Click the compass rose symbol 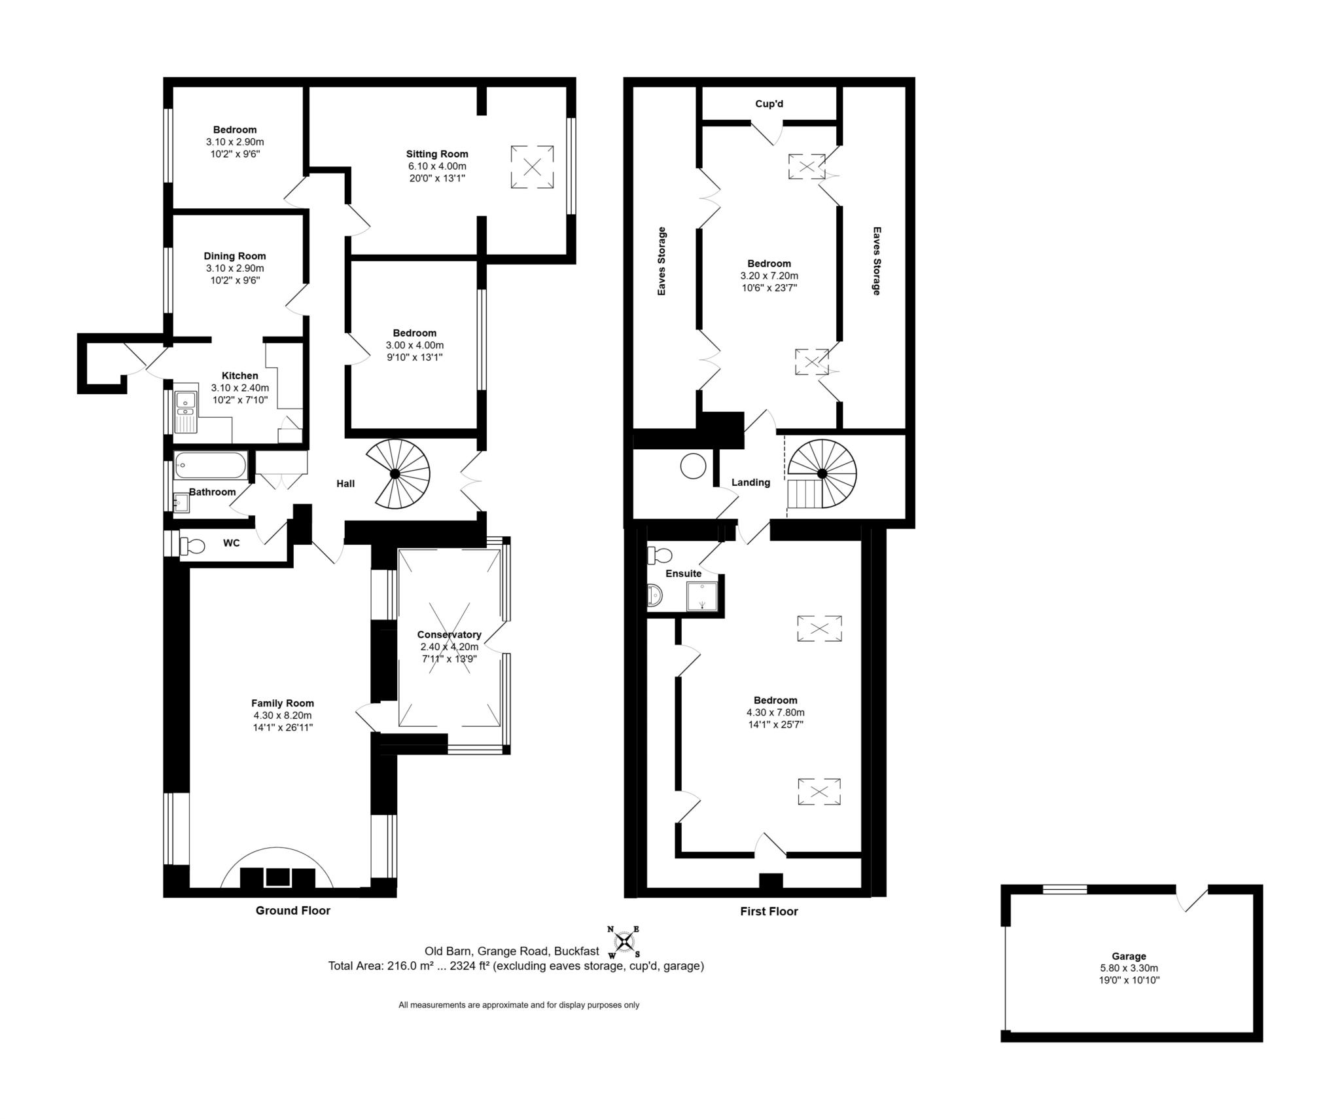coord(624,942)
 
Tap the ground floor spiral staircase coord(395,473)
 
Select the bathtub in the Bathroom coord(210,466)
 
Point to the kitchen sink coord(186,412)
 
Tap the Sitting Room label coord(437,154)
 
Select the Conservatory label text coord(449,634)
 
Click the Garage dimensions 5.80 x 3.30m coord(1129,968)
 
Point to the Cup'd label coord(769,103)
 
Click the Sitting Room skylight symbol coord(532,167)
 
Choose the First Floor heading coord(769,911)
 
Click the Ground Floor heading coord(292,910)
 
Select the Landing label coord(750,483)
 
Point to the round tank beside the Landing coord(693,467)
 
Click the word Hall coord(345,483)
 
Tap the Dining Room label coord(235,256)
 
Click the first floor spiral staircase coord(822,473)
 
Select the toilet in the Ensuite coord(660,555)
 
